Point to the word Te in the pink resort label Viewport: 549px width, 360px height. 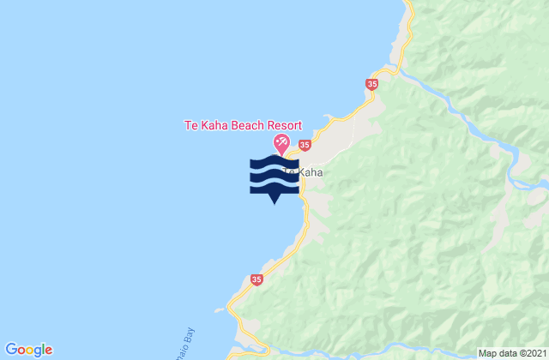pos(191,124)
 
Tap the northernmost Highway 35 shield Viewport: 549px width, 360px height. pos(371,84)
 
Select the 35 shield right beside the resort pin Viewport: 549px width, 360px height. pos(306,147)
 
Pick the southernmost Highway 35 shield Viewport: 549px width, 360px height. pos(256,279)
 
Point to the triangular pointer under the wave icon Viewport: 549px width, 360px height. pos(274,201)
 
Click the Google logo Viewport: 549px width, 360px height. pos(29,349)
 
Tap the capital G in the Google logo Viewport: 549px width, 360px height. pos(12,349)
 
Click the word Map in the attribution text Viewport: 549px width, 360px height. pos(487,353)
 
